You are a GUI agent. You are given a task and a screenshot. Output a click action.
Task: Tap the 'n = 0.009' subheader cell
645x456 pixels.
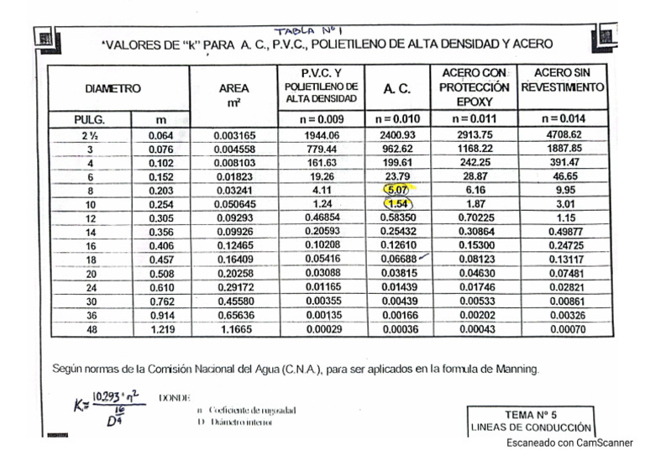(322, 118)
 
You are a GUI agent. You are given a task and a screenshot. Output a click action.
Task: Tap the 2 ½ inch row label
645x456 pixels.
(88, 134)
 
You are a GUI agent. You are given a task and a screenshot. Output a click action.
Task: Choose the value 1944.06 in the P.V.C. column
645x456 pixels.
(322, 134)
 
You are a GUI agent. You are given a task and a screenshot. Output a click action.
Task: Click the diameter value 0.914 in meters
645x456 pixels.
(161, 316)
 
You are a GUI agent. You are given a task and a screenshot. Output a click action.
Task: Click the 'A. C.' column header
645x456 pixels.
(396, 87)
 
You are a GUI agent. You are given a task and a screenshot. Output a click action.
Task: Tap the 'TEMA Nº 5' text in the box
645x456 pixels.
(531, 414)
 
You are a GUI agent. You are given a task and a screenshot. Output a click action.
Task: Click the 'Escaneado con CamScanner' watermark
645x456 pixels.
(569, 443)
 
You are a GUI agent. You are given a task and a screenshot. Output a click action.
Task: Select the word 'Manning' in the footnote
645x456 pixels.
(516, 368)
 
